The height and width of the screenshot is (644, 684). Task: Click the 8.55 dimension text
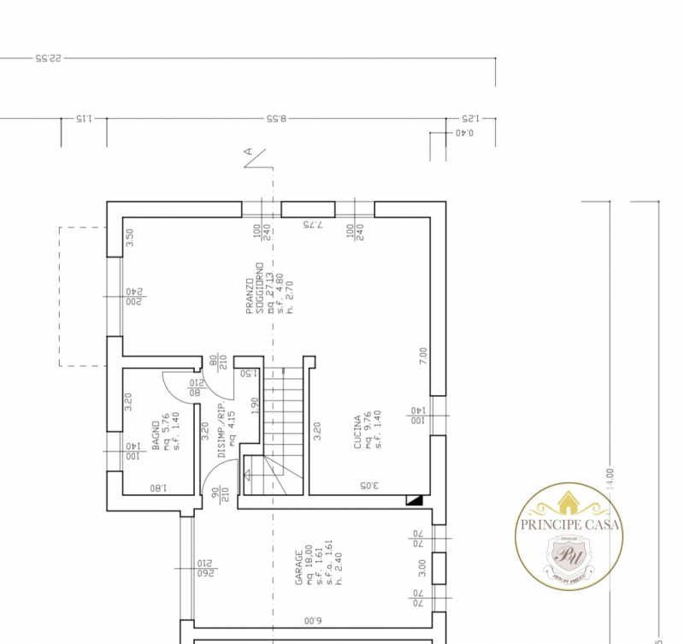(277, 120)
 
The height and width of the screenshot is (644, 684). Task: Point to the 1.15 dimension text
(83, 120)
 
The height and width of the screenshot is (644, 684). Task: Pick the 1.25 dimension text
(471, 120)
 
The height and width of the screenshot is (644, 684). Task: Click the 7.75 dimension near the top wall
(311, 224)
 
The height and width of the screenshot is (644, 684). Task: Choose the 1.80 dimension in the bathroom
(157, 488)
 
